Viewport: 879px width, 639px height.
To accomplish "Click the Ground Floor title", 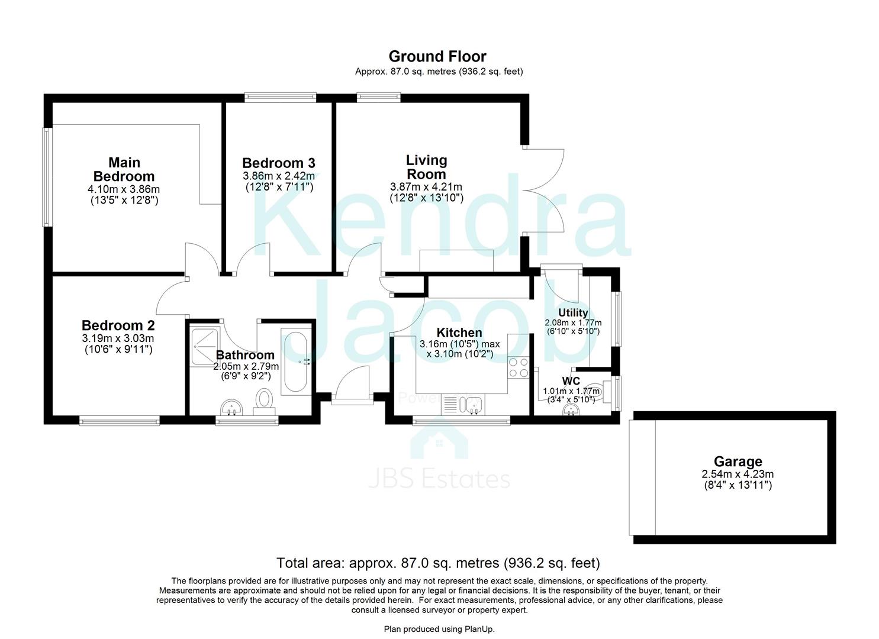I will click(x=437, y=56).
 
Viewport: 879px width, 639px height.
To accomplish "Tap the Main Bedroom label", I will click(x=124, y=169).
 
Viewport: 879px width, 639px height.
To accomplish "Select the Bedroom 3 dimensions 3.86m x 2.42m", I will click(x=278, y=176).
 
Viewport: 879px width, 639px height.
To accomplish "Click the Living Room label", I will click(x=426, y=167).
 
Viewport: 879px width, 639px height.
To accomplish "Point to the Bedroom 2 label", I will click(x=118, y=325).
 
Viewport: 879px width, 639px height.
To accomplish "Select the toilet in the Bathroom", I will click(x=263, y=400).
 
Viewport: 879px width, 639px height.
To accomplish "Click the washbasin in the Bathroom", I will click(x=232, y=407).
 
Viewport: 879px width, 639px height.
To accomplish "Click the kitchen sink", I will click(x=474, y=405).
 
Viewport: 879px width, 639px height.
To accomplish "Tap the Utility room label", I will click(x=573, y=312).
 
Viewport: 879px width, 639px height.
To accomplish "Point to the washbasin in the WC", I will click(x=571, y=409).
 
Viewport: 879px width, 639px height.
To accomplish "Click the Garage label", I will click(x=738, y=461).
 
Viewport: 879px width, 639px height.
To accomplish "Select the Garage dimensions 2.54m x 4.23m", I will click(x=738, y=474).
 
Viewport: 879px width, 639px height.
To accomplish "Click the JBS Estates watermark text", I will click(x=439, y=479).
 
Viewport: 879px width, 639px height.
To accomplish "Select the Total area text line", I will click(x=438, y=562).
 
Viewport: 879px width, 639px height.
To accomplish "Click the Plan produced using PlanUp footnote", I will click(x=439, y=629).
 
